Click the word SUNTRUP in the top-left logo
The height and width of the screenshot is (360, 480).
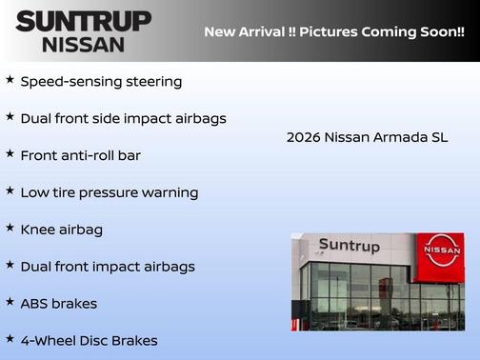click(x=84, y=21)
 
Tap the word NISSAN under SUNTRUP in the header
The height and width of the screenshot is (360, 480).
click(x=83, y=44)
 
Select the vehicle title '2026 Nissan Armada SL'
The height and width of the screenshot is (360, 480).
click(x=367, y=137)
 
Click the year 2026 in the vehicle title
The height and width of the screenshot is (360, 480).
click(x=303, y=137)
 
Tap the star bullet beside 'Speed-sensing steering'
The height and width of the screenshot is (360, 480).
click(x=10, y=80)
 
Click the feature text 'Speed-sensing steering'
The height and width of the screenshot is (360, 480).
click(x=101, y=82)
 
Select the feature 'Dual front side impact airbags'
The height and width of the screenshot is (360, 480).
click(x=123, y=119)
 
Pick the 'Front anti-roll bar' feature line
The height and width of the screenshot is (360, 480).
click(x=80, y=155)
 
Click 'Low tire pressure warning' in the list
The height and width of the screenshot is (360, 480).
click(x=109, y=192)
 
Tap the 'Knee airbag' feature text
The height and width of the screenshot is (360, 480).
click(x=61, y=230)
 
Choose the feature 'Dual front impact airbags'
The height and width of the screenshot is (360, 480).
click(x=107, y=267)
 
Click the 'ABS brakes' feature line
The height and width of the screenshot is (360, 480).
click(x=58, y=304)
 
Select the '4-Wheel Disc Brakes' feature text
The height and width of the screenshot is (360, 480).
click(x=89, y=340)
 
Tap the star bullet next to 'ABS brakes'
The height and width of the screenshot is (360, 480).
click(x=10, y=302)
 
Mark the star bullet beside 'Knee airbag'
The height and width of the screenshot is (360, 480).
click(x=10, y=228)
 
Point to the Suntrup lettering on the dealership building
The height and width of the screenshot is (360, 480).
click(x=349, y=246)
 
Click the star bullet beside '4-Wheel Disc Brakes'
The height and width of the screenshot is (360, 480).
click(x=10, y=338)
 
